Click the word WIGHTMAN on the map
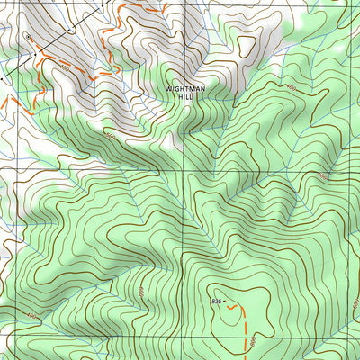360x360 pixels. (x=184, y=88)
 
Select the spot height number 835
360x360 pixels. (x=216, y=300)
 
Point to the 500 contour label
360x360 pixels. (x=110, y=136)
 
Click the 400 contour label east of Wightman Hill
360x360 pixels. (x=290, y=87)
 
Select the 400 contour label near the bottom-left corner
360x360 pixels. (x=32, y=317)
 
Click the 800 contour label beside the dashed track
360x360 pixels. (x=255, y=337)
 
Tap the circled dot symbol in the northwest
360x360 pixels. (x=30, y=37)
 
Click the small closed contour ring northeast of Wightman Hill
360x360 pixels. (x=243, y=43)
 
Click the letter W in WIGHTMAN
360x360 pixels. (x=167, y=88)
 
